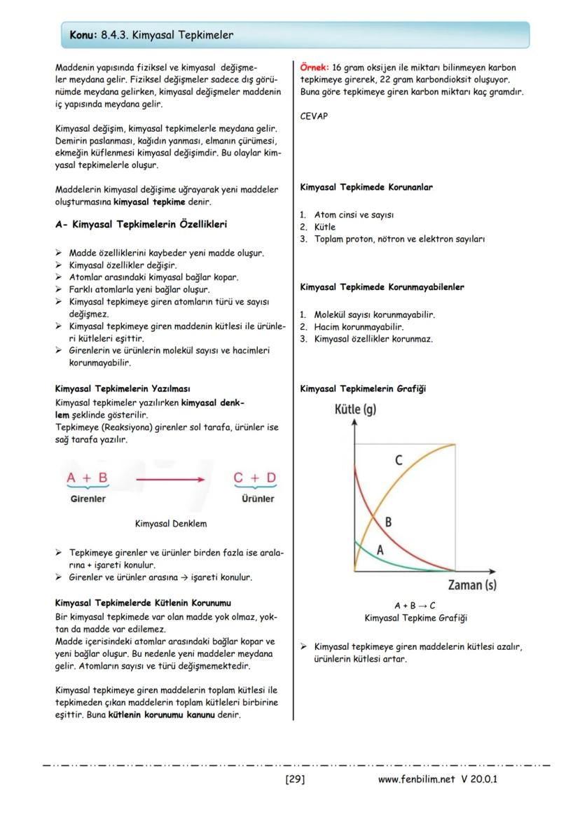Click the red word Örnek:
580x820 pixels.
(315, 68)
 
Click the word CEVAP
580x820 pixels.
(314, 117)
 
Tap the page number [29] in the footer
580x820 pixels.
(295, 779)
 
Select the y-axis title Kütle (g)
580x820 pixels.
(355, 409)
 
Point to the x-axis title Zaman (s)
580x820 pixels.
(472, 584)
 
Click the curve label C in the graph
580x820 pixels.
(398, 460)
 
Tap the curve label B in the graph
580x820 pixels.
(388, 522)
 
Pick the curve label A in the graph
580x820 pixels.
(380, 550)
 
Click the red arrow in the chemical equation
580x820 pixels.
(170, 480)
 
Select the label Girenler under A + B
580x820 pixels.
(88, 499)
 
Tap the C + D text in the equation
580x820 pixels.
(255, 478)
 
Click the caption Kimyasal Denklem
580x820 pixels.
(170, 523)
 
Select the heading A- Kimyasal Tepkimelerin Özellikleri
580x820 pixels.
(141, 225)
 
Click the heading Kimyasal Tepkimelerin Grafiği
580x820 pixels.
(362, 389)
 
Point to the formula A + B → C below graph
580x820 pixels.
(415, 606)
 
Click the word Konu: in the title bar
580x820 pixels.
(83, 34)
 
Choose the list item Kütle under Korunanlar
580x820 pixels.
(324, 227)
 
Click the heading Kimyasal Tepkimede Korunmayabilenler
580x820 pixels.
(382, 287)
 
